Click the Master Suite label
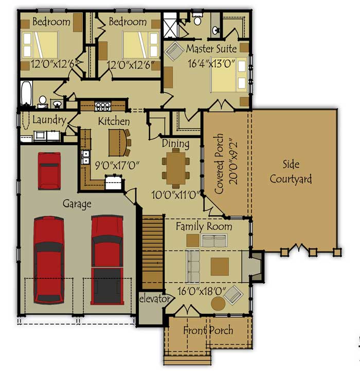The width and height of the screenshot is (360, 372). pyautogui.click(x=211, y=49)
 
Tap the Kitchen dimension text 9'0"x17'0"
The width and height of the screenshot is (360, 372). pyautogui.click(x=117, y=165)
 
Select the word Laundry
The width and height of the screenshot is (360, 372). pyautogui.click(x=49, y=120)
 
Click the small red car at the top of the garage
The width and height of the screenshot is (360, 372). pyautogui.click(x=49, y=171)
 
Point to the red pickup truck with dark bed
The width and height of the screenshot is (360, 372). pyautogui.click(x=107, y=260)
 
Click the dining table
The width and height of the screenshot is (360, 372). pyautogui.click(x=176, y=168)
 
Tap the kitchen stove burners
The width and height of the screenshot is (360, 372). pyautogui.click(x=103, y=106)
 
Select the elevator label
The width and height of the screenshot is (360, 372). pyautogui.click(x=154, y=299)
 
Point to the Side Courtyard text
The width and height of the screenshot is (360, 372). pyautogui.click(x=291, y=172)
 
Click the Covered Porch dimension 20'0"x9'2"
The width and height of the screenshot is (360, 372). pyautogui.click(x=233, y=163)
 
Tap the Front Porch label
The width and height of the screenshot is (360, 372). pyautogui.click(x=208, y=330)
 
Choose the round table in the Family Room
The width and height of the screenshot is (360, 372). pyautogui.click(x=218, y=304)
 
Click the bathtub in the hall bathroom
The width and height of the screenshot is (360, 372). pyautogui.click(x=26, y=94)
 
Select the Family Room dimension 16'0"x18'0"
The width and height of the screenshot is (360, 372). pyautogui.click(x=202, y=291)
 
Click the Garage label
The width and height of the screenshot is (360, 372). pyautogui.click(x=77, y=204)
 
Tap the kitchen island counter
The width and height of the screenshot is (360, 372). pyautogui.click(x=118, y=143)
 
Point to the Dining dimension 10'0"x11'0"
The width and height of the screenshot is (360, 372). pyautogui.click(x=175, y=195)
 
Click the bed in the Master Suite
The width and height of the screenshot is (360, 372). pyautogui.click(x=229, y=75)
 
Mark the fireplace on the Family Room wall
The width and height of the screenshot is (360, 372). pyautogui.click(x=256, y=267)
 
